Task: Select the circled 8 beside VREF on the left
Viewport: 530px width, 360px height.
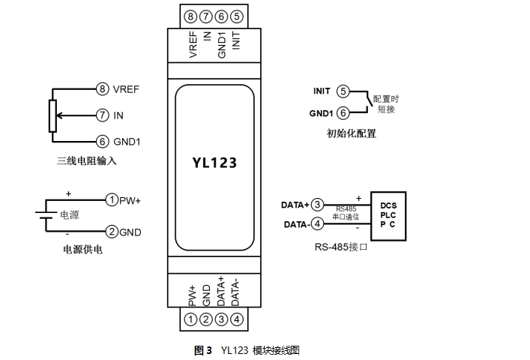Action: [103, 88]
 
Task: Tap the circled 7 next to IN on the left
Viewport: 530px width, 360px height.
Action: [103, 115]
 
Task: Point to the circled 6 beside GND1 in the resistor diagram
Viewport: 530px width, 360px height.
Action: [103, 141]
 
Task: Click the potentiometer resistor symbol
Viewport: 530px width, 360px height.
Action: [52, 115]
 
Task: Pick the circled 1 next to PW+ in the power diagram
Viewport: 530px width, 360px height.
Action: [112, 200]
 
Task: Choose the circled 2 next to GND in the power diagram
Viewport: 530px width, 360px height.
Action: [112, 232]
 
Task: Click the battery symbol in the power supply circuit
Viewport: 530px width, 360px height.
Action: [44, 216]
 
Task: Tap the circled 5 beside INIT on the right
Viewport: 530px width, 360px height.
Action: [343, 91]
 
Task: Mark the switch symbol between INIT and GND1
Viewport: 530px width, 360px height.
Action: [364, 102]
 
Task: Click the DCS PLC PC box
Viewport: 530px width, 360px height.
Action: [388, 214]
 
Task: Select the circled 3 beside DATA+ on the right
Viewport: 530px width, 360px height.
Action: [318, 205]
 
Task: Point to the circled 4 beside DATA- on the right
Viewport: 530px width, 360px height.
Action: [318, 223]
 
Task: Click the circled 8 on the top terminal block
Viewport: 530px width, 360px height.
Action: [190, 16]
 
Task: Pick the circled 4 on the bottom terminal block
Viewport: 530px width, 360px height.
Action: [236, 319]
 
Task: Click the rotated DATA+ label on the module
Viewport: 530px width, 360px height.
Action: [221, 290]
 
